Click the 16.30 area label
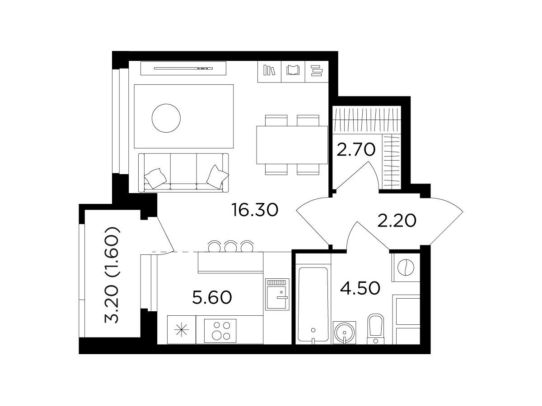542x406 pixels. coord(255,210)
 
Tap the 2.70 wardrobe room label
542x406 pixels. coord(356,149)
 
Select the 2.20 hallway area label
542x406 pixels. coord(397,221)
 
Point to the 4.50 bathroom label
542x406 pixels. coord(360,288)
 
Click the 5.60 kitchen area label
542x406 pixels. coord(212,297)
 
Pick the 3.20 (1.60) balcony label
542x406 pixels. coord(112,275)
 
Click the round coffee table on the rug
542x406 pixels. coord(166,118)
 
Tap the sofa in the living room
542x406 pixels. coord(183,173)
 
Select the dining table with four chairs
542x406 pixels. coord(292,145)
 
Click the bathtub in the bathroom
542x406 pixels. coord(313,305)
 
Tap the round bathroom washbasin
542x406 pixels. coord(344,332)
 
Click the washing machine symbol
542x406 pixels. coord(406,268)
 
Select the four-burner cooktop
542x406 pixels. coord(220,331)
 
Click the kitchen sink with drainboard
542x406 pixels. coord(277,294)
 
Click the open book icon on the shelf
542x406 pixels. coord(293,70)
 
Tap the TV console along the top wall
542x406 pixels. coord(183,68)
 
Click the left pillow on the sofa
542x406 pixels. coord(155,178)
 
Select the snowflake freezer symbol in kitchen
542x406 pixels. coord(182,330)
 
